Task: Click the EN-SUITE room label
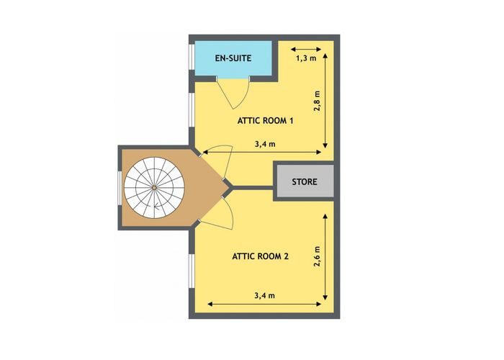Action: [233, 58]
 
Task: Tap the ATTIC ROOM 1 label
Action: [265, 121]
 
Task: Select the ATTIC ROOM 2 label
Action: [261, 256]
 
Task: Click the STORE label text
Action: [305, 182]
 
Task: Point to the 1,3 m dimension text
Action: [306, 58]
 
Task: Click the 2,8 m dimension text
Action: [318, 101]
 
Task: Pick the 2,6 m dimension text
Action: [318, 256]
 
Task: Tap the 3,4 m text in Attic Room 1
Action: [265, 144]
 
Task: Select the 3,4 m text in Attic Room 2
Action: [265, 295]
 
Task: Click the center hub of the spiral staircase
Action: [154, 187]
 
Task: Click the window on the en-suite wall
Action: [192, 57]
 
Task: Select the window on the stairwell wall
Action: [120, 188]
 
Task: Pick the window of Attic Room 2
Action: [192, 271]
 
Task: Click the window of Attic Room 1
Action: [192, 110]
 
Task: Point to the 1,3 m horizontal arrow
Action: [306, 49]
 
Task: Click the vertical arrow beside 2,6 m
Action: [325, 257]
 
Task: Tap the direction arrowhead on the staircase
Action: [156, 207]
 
